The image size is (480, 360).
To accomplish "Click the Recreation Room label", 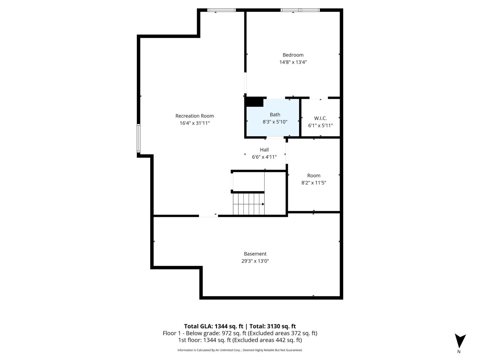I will click(x=194, y=116).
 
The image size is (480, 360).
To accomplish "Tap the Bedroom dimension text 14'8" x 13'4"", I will click(x=293, y=62).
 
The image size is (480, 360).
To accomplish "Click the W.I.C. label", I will click(x=320, y=118).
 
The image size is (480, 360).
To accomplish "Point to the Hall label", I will click(x=264, y=150).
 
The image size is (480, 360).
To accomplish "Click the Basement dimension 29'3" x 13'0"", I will click(x=255, y=261).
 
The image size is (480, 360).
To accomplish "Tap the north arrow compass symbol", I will click(x=460, y=341).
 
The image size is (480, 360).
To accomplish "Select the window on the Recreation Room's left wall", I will click(x=139, y=138).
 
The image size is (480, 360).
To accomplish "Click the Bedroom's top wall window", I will click(x=300, y=10).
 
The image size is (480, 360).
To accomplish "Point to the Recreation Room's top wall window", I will click(x=222, y=10).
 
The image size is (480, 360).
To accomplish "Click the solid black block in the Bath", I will click(x=255, y=102).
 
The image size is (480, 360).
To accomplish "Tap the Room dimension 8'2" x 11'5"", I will click(x=313, y=183).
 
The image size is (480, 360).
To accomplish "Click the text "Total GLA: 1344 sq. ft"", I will click(x=213, y=326).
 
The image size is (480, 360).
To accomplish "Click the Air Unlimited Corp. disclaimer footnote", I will click(x=240, y=350).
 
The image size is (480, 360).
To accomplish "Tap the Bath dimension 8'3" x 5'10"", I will click(x=275, y=122).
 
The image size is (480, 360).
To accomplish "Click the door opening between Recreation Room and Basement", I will click(x=208, y=215).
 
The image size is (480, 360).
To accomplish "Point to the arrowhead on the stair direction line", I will click(x=263, y=204).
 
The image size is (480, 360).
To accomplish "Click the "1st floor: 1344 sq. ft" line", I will click(x=240, y=340).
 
